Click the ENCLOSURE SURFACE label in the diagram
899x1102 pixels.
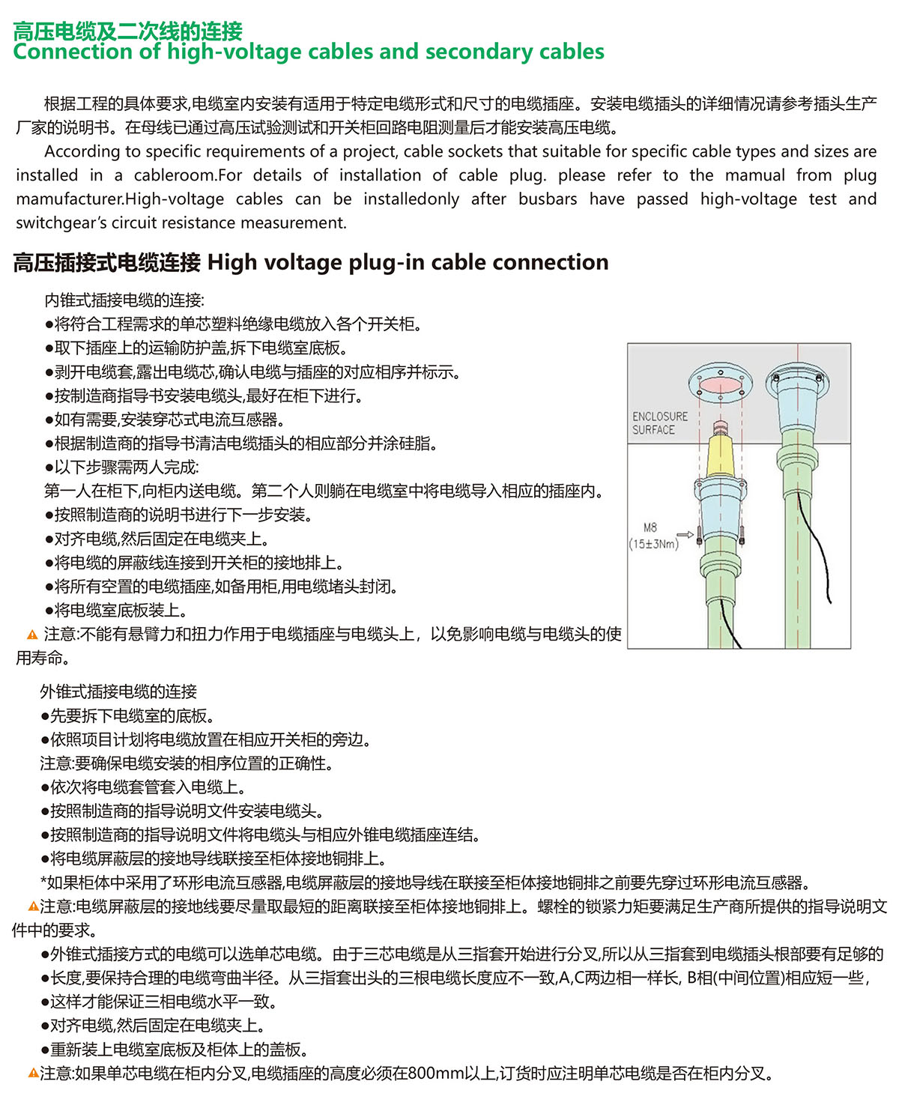pyautogui.click(x=659, y=423)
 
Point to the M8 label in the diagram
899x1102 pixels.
pyautogui.click(x=650, y=527)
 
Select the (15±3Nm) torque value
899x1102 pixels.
pyautogui.click(x=653, y=544)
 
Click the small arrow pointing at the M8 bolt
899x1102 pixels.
pyautogui.click(x=685, y=535)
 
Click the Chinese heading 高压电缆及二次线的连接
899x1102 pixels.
pyautogui.click(x=128, y=31)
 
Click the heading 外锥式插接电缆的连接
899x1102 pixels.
pyautogui.click(x=118, y=691)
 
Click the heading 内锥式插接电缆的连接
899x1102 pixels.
pyautogui.click(x=124, y=300)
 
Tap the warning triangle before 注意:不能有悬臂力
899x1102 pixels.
pyautogui.click(x=32, y=635)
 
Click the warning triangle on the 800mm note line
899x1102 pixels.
pyautogui.click(x=33, y=1074)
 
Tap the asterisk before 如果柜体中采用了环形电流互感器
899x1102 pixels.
pyautogui.click(x=43, y=883)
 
